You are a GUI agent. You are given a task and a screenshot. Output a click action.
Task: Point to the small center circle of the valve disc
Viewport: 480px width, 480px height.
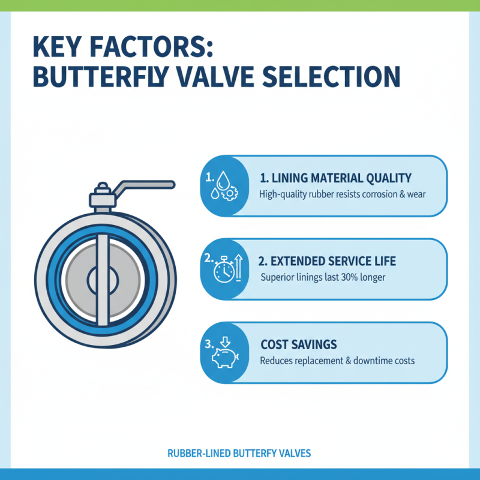101,278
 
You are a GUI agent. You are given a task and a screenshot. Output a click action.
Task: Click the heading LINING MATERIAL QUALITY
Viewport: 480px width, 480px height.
336,178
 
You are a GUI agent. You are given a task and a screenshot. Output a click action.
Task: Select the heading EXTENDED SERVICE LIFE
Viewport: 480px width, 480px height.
328,262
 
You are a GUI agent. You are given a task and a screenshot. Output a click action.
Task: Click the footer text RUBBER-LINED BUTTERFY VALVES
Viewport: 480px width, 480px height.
240,454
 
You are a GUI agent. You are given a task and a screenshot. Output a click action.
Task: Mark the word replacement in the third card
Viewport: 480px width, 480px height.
320,361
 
